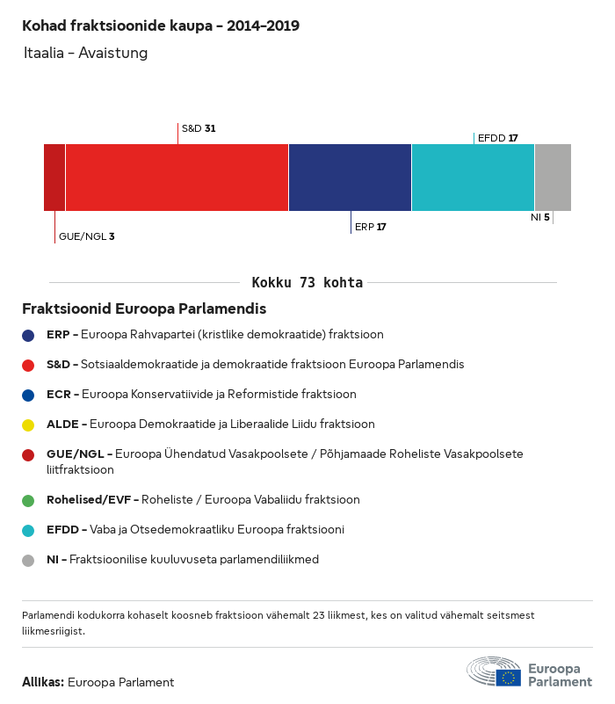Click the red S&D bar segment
pos(177,178)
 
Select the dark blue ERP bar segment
pos(350,178)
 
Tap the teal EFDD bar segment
pos(473,178)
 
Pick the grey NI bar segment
pos(553,178)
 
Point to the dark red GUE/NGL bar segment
pos(54,178)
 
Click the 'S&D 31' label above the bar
pos(199,128)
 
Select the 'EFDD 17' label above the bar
pos(497,138)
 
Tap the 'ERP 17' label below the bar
pos(370,227)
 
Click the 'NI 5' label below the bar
pos(539,217)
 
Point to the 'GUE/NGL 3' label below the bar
pos(86,236)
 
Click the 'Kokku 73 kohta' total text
pos(307,283)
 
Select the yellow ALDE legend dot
pos(28,425)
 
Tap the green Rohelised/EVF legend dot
pos(28,500)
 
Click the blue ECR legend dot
pos(28,395)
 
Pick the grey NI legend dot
pos(28,560)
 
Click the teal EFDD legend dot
pos(28,530)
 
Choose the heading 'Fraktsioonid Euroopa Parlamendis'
pos(144,309)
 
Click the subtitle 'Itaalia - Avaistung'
pos(86,53)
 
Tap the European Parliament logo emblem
pos(494,671)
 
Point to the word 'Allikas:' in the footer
pos(42,682)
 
